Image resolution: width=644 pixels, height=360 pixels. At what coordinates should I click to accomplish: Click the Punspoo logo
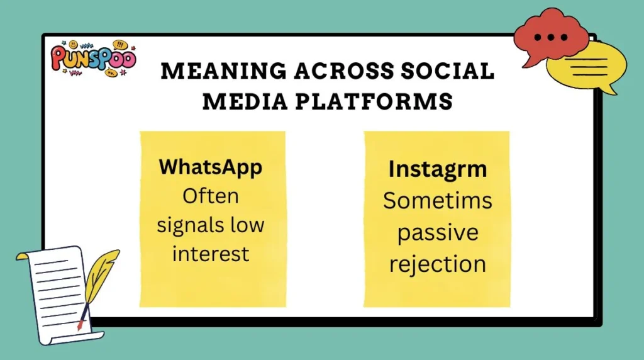[92, 59]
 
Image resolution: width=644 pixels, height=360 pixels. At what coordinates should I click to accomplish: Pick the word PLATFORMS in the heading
[374, 101]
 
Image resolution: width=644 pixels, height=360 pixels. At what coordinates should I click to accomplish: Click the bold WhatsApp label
[211, 167]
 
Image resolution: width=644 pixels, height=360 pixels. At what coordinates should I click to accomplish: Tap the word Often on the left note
[211, 196]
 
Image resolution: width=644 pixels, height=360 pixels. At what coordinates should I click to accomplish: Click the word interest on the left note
[211, 253]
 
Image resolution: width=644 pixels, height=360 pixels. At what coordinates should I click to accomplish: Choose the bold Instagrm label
[436, 169]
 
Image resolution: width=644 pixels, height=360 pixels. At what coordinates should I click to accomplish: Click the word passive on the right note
[436, 232]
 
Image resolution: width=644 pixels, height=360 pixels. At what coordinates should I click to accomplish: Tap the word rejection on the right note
[436, 264]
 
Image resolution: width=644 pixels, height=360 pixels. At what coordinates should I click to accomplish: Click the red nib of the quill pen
[80, 325]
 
